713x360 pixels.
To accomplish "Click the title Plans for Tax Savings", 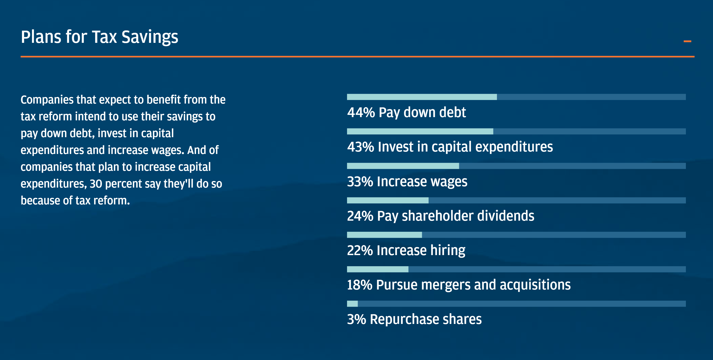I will tap(99, 37).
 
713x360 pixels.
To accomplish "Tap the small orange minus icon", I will tap(687, 41).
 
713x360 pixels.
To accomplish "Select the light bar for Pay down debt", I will tap(422, 97).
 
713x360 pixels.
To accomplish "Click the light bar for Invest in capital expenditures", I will tap(420, 131).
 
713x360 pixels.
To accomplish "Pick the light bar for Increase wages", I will tap(403, 166).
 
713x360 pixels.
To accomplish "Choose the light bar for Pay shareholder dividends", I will tap(387, 200).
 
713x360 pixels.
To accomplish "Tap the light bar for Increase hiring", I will tap(384, 235).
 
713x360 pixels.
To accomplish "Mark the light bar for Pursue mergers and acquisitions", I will tap(378, 269).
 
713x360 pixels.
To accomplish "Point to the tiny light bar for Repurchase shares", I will tap(352, 304).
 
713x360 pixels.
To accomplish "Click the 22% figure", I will tap(360, 250).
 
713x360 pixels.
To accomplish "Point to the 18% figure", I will tap(359, 285).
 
